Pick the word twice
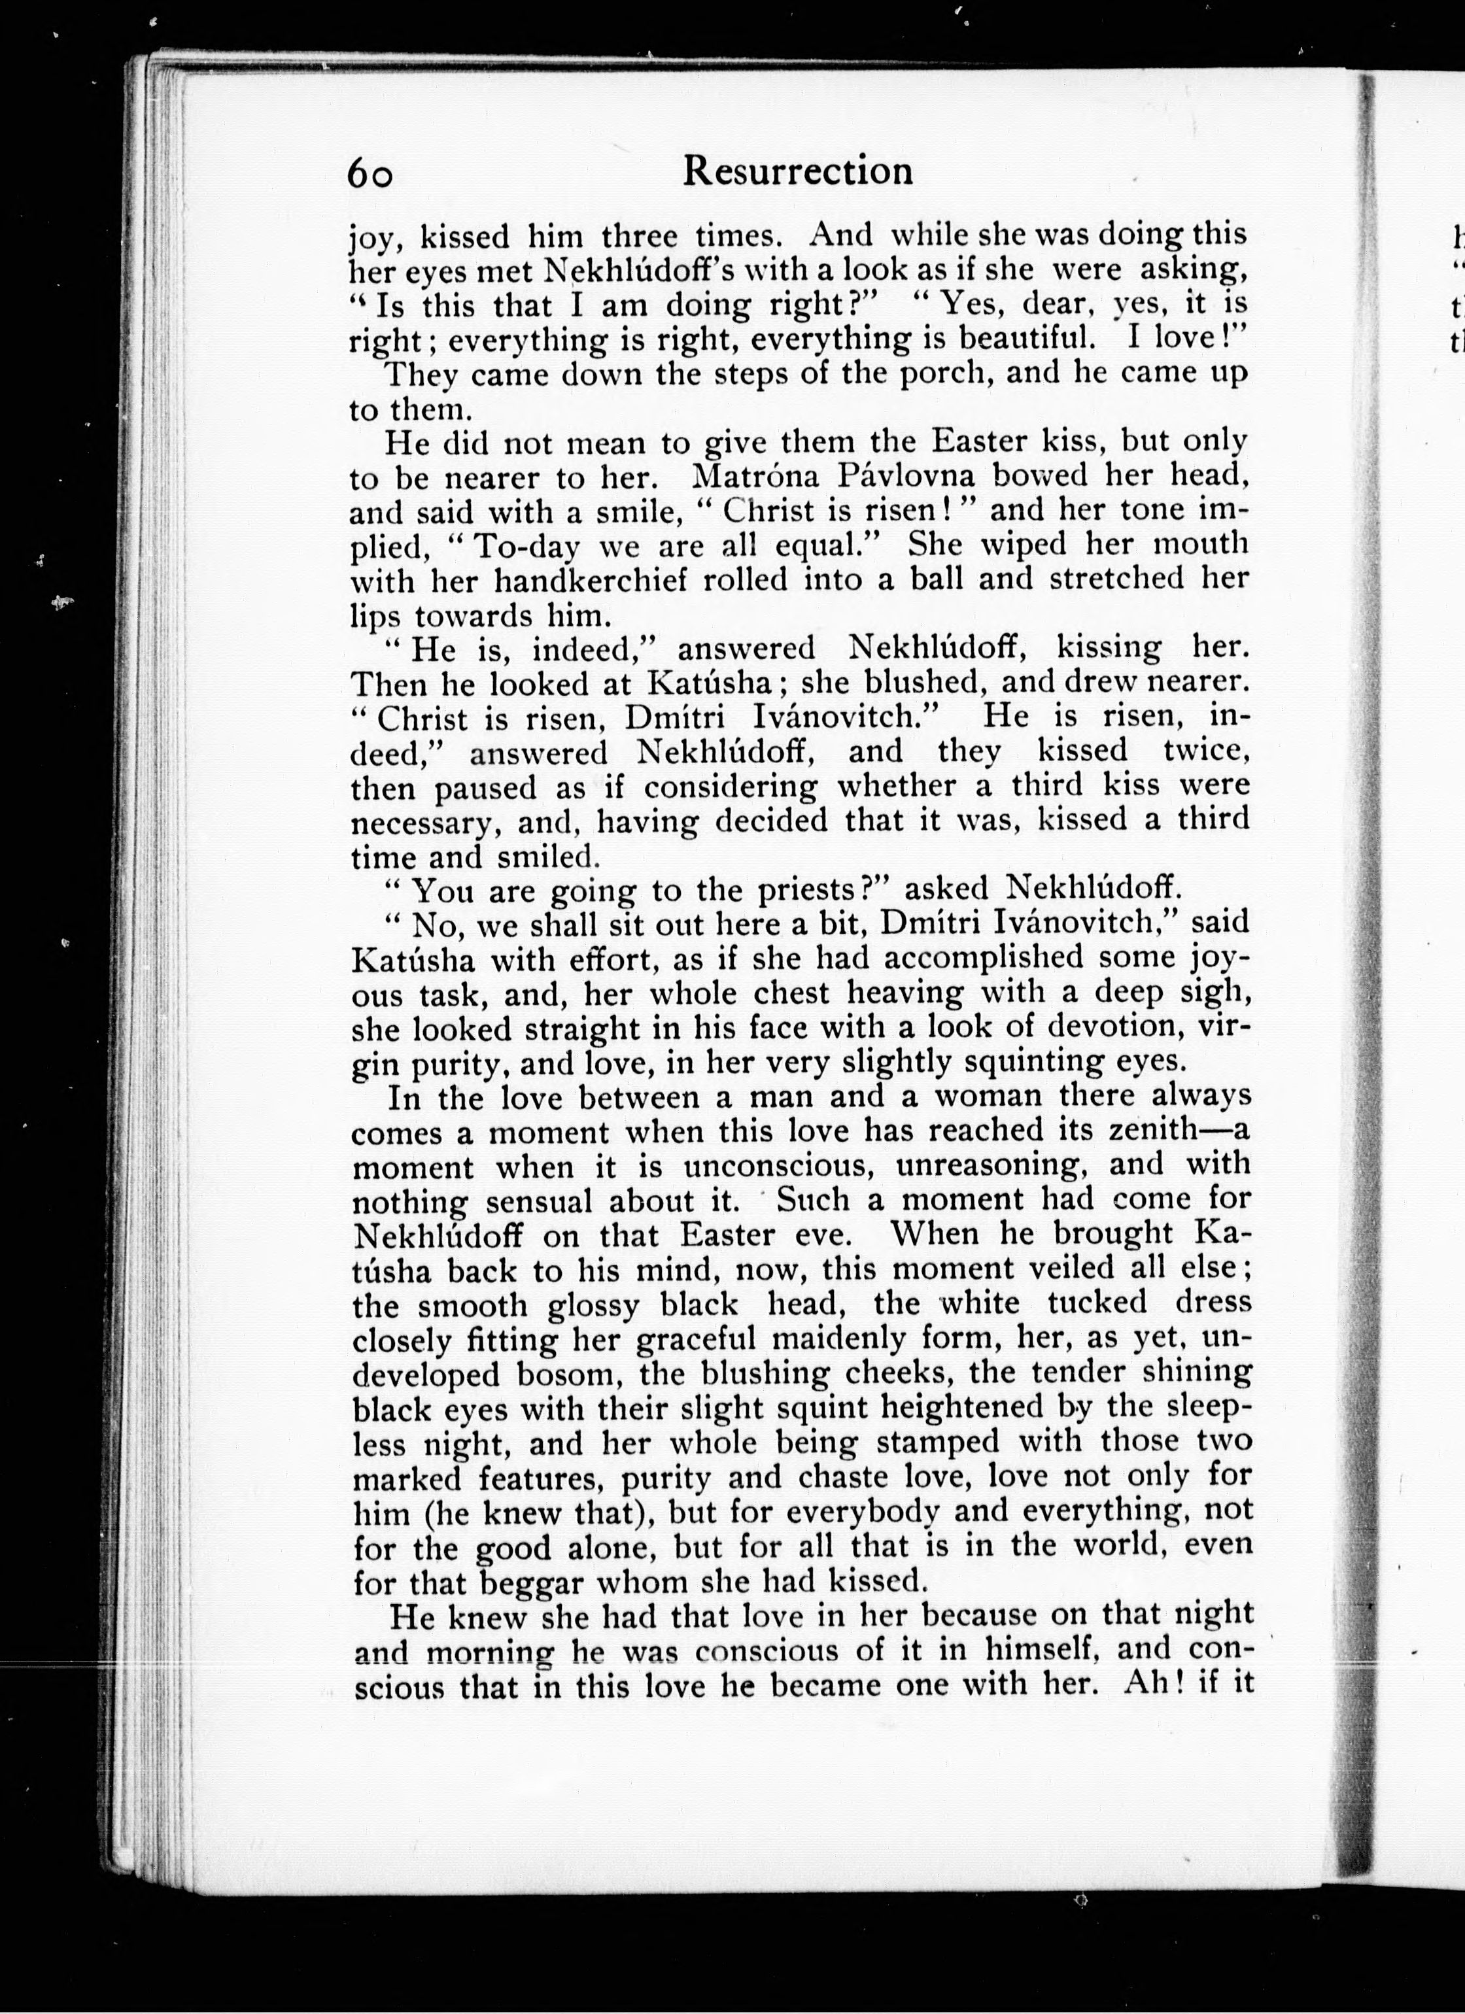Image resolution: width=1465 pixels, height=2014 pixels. pyautogui.click(x=1207, y=751)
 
